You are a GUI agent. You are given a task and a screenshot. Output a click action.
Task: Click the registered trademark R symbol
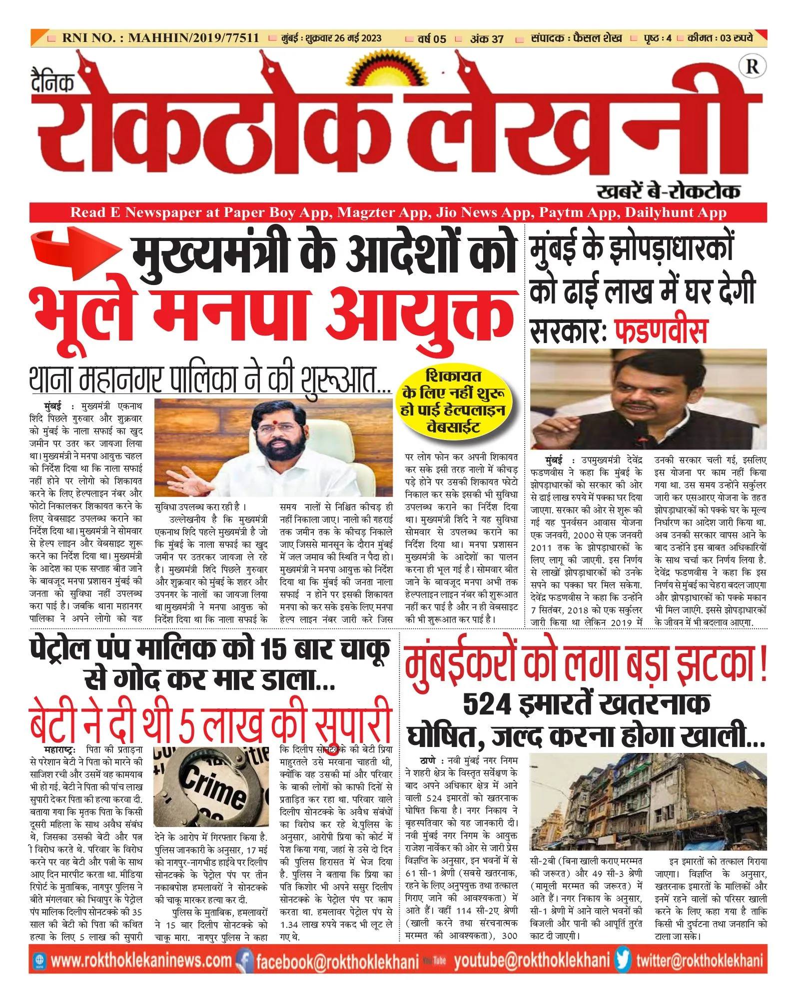752,67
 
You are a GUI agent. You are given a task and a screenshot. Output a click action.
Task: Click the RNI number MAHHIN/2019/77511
160,38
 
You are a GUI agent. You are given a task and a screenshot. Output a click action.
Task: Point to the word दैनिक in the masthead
52,82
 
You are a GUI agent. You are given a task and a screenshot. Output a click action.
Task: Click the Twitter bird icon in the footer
623,960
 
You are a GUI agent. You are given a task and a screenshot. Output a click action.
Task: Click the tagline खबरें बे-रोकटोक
668,191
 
